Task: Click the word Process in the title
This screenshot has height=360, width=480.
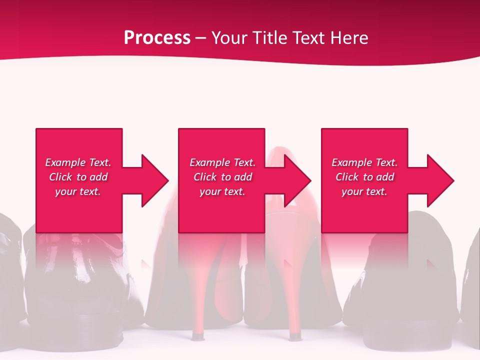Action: pos(157,38)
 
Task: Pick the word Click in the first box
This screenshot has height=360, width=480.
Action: pos(60,177)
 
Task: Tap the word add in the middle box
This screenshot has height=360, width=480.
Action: pos(243,177)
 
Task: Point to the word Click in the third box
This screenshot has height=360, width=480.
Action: pos(347,177)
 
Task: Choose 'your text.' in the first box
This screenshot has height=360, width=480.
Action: pos(78,191)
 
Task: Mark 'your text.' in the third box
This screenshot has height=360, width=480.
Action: pos(364,191)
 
